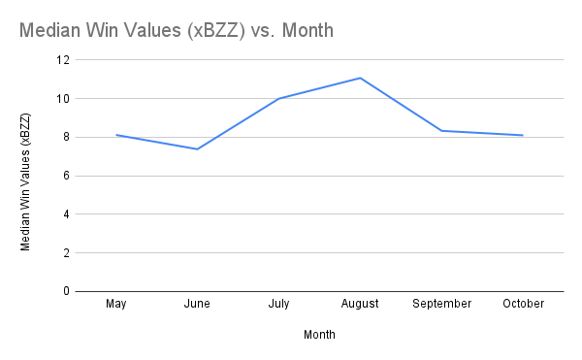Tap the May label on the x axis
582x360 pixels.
pyautogui.click(x=116, y=304)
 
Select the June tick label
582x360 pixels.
pyautogui.click(x=197, y=304)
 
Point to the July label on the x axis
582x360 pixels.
pyautogui.click(x=278, y=304)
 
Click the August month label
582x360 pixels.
pyautogui.click(x=360, y=304)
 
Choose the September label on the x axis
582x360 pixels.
pyautogui.click(x=441, y=304)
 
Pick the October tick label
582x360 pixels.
pyautogui.click(x=523, y=304)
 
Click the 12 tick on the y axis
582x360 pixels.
pyautogui.click(x=64, y=60)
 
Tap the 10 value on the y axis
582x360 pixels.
pyautogui.click(x=64, y=99)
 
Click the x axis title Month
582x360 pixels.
pyautogui.click(x=319, y=335)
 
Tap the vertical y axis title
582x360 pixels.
pyautogui.click(x=26, y=176)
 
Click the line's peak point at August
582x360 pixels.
pyautogui.click(x=360, y=78)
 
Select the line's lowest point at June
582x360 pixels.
pyautogui.click(x=197, y=148)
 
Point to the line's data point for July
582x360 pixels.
pyautogui.click(x=278, y=99)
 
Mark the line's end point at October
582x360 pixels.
pyautogui.click(x=523, y=135)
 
